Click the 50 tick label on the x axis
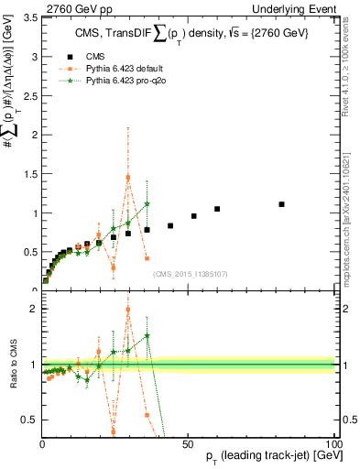click(188, 443)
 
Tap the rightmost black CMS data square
click(281, 204)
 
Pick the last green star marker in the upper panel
click(147, 204)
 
